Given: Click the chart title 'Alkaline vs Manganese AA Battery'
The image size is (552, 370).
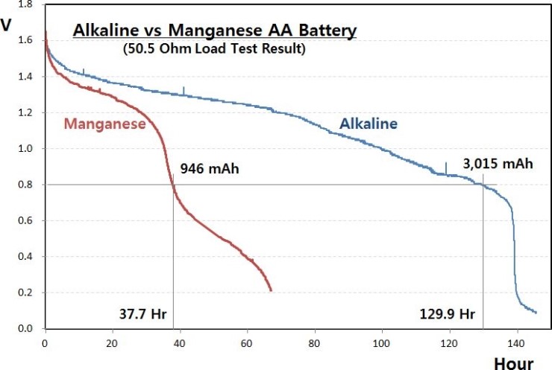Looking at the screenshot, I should (214, 31).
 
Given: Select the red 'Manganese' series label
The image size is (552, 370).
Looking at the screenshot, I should (104, 124).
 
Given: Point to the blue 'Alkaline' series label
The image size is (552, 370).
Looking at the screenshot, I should (368, 124).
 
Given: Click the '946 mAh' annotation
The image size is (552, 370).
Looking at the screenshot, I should (210, 168).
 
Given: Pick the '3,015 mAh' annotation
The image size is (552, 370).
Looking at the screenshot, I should (498, 165).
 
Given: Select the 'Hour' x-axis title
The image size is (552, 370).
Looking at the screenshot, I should (513, 363).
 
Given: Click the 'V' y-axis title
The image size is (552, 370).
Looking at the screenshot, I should (7, 24).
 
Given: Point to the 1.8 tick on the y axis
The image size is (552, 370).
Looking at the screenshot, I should (25, 5).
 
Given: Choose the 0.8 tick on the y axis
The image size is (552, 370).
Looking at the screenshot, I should (25, 185).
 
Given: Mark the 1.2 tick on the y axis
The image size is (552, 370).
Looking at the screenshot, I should (25, 113).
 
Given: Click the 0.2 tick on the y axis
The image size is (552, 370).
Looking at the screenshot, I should (25, 293).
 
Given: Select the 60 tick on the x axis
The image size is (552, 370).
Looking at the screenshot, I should (247, 344).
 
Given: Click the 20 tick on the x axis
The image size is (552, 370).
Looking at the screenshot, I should (112, 344).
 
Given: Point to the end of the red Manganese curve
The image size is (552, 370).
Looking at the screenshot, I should (271, 290).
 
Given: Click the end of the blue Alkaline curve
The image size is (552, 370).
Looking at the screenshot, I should (536, 312).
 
